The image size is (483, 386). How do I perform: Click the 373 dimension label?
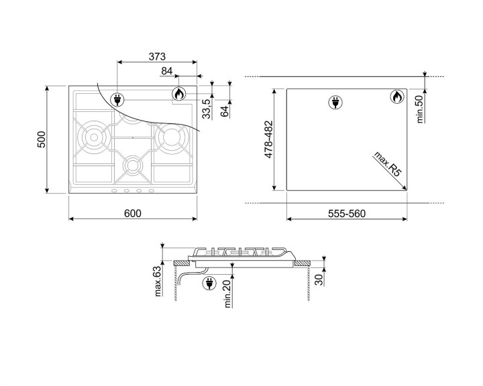point(157,56)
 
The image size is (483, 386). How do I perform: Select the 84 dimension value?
point(167,70)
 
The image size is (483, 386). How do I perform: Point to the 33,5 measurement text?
point(207,108)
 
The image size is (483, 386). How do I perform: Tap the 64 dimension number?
point(225,109)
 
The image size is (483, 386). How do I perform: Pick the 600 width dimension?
point(133,213)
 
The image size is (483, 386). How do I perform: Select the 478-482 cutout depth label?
point(268,140)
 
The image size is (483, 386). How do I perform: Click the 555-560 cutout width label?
point(346,213)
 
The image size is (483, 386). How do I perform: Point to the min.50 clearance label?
point(421,109)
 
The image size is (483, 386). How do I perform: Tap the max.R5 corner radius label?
point(388,164)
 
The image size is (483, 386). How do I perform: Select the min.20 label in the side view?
point(228,294)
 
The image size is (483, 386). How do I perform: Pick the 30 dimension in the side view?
point(319,277)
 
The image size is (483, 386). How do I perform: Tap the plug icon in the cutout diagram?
point(334,102)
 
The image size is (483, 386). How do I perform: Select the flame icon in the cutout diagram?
point(397,97)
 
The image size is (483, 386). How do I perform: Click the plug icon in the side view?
point(209,283)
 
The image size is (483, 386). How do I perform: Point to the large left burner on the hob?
point(92,136)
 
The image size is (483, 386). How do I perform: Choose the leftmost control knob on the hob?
point(114,192)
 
